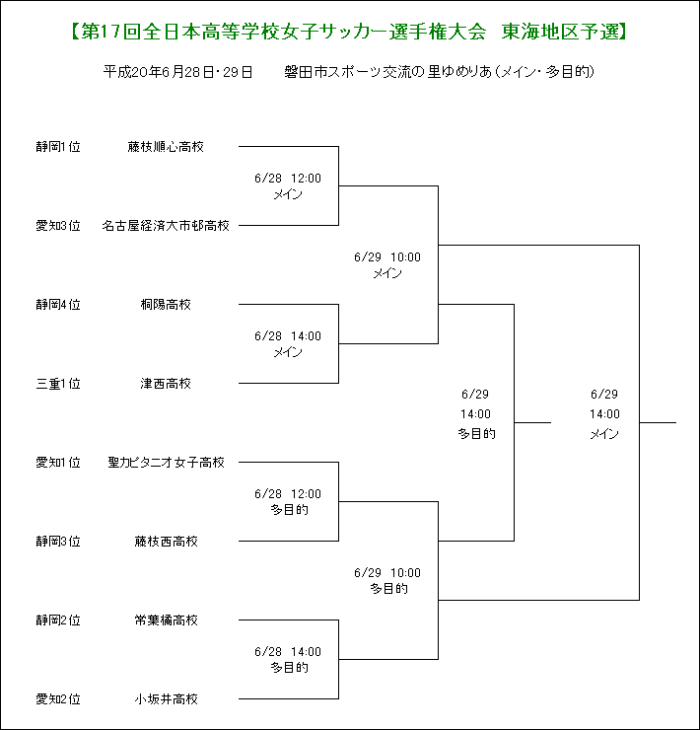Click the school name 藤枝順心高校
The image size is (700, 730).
click(x=166, y=147)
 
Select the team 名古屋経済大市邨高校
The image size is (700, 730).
click(x=166, y=226)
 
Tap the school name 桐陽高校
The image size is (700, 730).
click(x=166, y=305)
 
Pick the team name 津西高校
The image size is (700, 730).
click(x=166, y=384)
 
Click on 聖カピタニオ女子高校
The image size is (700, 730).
click(x=167, y=463)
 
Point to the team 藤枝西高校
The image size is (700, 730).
click(x=167, y=541)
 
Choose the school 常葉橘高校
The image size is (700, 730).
click(x=167, y=620)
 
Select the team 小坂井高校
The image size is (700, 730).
click(x=167, y=698)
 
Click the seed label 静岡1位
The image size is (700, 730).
click(x=58, y=147)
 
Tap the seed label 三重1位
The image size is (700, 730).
click(x=58, y=384)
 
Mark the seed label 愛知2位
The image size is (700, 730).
click(x=58, y=698)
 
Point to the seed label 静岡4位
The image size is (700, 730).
click(x=58, y=305)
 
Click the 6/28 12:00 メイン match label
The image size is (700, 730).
click(x=288, y=186)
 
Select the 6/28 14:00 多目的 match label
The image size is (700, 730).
click(x=288, y=660)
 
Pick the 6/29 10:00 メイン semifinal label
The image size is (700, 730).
click(x=387, y=265)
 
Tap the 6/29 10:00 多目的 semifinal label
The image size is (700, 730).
click(x=387, y=581)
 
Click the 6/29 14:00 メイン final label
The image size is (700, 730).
click(x=604, y=414)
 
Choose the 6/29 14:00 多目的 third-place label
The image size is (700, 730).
click(x=475, y=414)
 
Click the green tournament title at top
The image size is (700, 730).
click(x=349, y=32)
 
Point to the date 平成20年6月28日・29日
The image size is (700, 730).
click(x=177, y=72)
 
